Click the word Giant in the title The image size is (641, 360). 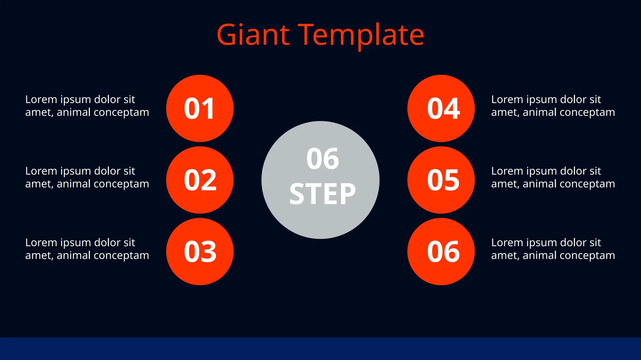[x=253, y=35]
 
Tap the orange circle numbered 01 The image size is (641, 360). [x=200, y=108]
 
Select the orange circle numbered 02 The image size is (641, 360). [x=200, y=180]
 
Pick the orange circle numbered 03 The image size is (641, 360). [x=200, y=252]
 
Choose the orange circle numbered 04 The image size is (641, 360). [x=441, y=108]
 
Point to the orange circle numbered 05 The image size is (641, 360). [x=441, y=180]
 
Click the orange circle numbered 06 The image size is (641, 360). [x=441, y=252]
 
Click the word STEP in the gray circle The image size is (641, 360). [x=322, y=194]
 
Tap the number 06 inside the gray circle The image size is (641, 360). [x=322, y=159]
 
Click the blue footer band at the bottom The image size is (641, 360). [x=320, y=348]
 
